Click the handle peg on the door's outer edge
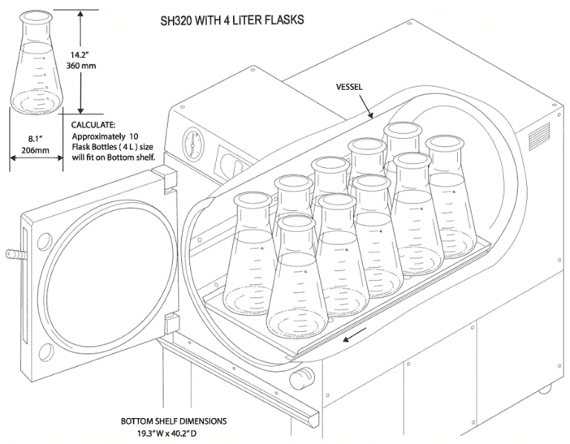(11, 253)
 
